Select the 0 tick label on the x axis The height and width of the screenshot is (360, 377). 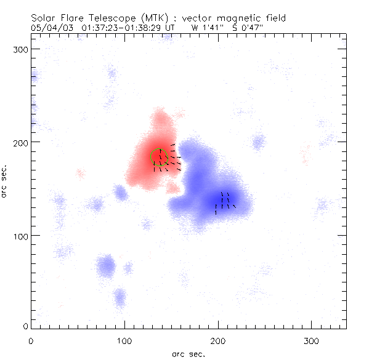click(x=31, y=339)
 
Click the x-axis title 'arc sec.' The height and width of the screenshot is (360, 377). click(x=188, y=353)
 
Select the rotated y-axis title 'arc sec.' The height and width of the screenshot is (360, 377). click(x=6, y=181)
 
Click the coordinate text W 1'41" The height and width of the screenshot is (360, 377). click(x=205, y=28)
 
